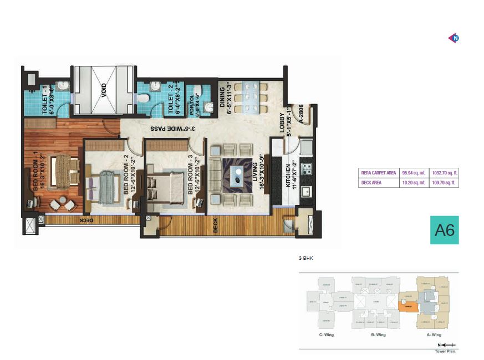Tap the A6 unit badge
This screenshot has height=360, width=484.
click(445, 229)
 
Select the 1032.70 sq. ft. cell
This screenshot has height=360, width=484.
click(445, 173)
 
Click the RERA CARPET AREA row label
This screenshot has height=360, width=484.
click(379, 173)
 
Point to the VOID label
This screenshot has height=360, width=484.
click(104, 90)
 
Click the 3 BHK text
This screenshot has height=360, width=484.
click(306, 258)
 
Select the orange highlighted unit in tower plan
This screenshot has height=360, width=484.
click(407, 304)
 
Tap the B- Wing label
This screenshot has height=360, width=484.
click(376, 335)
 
